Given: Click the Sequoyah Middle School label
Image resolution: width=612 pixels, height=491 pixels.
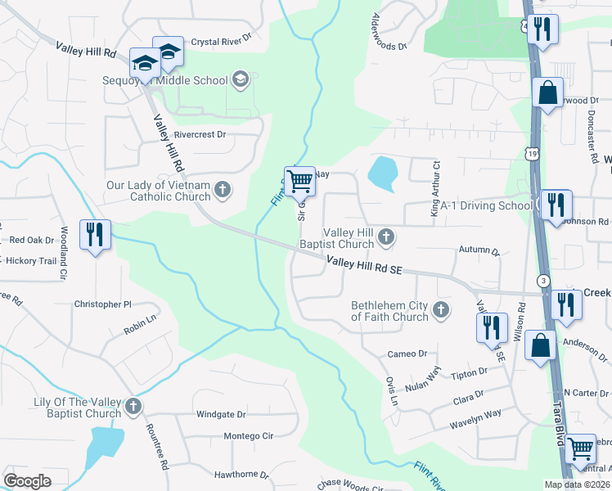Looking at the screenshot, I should pyautogui.click(x=165, y=80).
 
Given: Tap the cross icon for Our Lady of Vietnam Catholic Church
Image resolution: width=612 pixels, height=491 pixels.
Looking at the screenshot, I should pyautogui.click(x=222, y=191).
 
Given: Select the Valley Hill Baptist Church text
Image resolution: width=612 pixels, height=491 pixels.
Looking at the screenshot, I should pyautogui.click(x=348, y=238).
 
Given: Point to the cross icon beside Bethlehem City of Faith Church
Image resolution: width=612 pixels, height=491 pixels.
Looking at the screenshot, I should pyautogui.click(x=441, y=309).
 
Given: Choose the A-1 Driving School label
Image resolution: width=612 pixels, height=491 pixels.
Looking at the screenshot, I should pyautogui.click(x=485, y=205).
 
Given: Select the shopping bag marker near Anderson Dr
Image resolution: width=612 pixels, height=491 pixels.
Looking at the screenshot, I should pyautogui.click(x=542, y=345).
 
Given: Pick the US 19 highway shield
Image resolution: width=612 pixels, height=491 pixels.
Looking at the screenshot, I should pyautogui.click(x=533, y=153).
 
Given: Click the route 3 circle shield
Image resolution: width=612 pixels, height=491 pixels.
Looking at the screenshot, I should pyautogui.click(x=543, y=280).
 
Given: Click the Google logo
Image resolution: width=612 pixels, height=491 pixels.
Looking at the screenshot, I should pyautogui.click(x=28, y=481).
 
